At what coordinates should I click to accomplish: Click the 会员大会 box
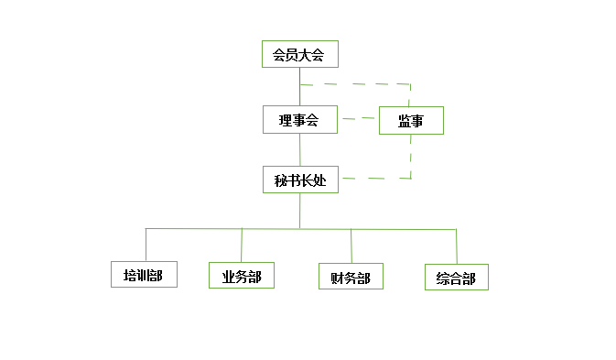[x=299, y=55]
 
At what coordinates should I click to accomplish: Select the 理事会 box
[x=299, y=119]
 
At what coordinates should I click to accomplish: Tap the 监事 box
[x=410, y=120]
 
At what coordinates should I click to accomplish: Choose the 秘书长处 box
[x=299, y=180]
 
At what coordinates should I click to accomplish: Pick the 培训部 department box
[x=144, y=274]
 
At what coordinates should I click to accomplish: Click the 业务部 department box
[x=242, y=276]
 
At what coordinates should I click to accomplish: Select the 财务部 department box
[x=351, y=277]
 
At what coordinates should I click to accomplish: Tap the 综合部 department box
[x=456, y=278]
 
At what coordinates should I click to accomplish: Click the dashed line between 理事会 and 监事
[x=358, y=118]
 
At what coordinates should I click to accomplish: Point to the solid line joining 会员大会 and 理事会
[x=299, y=87]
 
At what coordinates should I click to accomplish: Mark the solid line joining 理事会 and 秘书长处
[x=299, y=149]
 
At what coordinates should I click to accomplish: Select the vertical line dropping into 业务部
[x=242, y=245]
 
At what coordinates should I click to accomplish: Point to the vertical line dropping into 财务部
[x=351, y=245]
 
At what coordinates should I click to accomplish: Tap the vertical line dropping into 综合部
[x=457, y=246]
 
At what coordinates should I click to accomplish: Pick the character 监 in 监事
[x=404, y=120]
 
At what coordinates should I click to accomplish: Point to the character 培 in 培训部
[x=130, y=274]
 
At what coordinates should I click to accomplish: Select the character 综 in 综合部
[x=442, y=278]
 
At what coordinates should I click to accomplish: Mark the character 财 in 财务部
[x=338, y=277]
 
